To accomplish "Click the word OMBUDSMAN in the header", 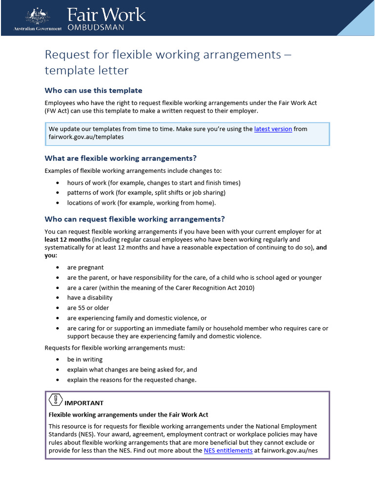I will click(x=95, y=27).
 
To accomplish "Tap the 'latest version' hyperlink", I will click(x=273, y=129).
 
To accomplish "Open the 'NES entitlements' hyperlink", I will click(x=228, y=451).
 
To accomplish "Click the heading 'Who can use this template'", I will click(x=93, y=90).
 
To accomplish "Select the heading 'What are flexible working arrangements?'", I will click(x=121, y=158).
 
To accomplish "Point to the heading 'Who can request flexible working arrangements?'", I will click(x=135, y=219).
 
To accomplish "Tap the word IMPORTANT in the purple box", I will click(x=84, y=403).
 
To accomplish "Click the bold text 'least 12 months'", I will click(x=67, y=240).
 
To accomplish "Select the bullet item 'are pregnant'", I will click(x=85, y=268).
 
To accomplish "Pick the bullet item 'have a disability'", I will click(x=90, y=298).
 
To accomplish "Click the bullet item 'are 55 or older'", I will click(x=88, y=308).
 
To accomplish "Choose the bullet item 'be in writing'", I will click(x=85, y=359).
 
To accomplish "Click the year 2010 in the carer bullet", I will click(x=246, y=288).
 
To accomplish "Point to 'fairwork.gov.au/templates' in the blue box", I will click(x=86, y=137).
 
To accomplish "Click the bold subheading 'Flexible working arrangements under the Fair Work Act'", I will click(x=128, y=415).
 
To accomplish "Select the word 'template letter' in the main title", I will click(x=86, y=70).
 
